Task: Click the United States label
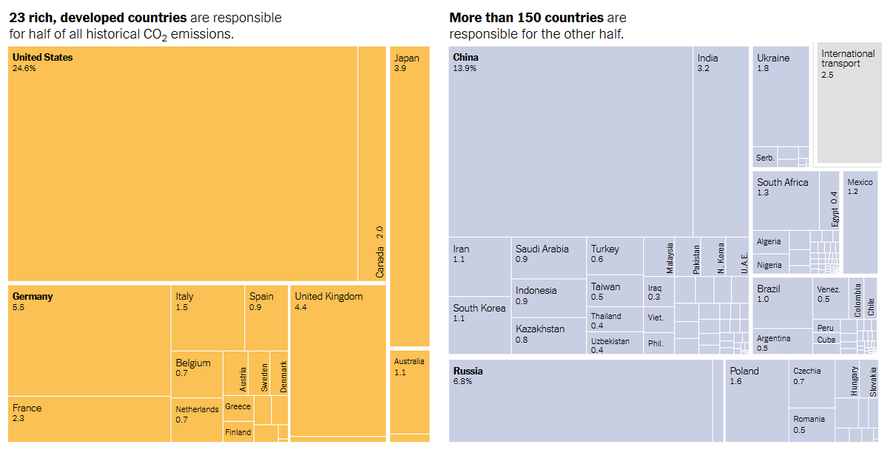tap(42, 58)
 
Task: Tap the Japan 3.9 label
tap(406, 63)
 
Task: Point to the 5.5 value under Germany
tap(18, 307)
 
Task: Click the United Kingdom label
tap(328, 297)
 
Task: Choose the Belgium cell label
tap(192, 363)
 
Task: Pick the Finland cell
tap(238, 432)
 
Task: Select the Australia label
tap(409, 362)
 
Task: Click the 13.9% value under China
tap(465, 69)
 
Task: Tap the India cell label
tap(707, 58)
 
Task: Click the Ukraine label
tap(773, 58)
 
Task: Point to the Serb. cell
tap(765, 158)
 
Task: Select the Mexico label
tap(860, 182)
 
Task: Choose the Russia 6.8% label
tap(468, 376)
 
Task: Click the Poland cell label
tap(744, 371)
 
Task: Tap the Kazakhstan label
tap(540, 329)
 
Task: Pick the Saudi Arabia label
tap(542, 249)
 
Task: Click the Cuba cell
tap(826, 340)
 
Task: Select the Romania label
tap(809, 419)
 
